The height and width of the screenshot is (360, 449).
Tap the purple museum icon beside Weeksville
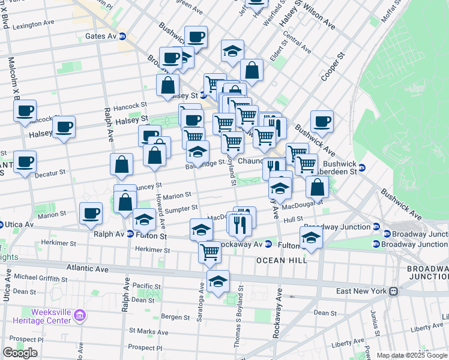[x=83, y=313]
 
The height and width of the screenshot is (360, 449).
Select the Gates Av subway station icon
[x=122, y=36]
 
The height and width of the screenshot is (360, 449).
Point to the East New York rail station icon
[x=394, y=291]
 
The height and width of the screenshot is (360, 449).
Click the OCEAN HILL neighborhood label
[x=282, y=260]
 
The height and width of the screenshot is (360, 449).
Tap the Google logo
[x=20, y=353]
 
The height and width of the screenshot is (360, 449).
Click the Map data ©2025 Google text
[x=412, y=355]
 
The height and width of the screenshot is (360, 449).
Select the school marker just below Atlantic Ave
[x=218, y=281]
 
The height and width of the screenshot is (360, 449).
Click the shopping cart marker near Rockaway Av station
[x=209, y=251]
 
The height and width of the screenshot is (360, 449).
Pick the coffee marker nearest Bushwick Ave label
[x=322, y=121]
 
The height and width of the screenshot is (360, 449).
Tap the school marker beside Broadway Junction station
[x=311, y=237]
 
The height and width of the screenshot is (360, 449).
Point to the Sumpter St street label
[x=181, y=208]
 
